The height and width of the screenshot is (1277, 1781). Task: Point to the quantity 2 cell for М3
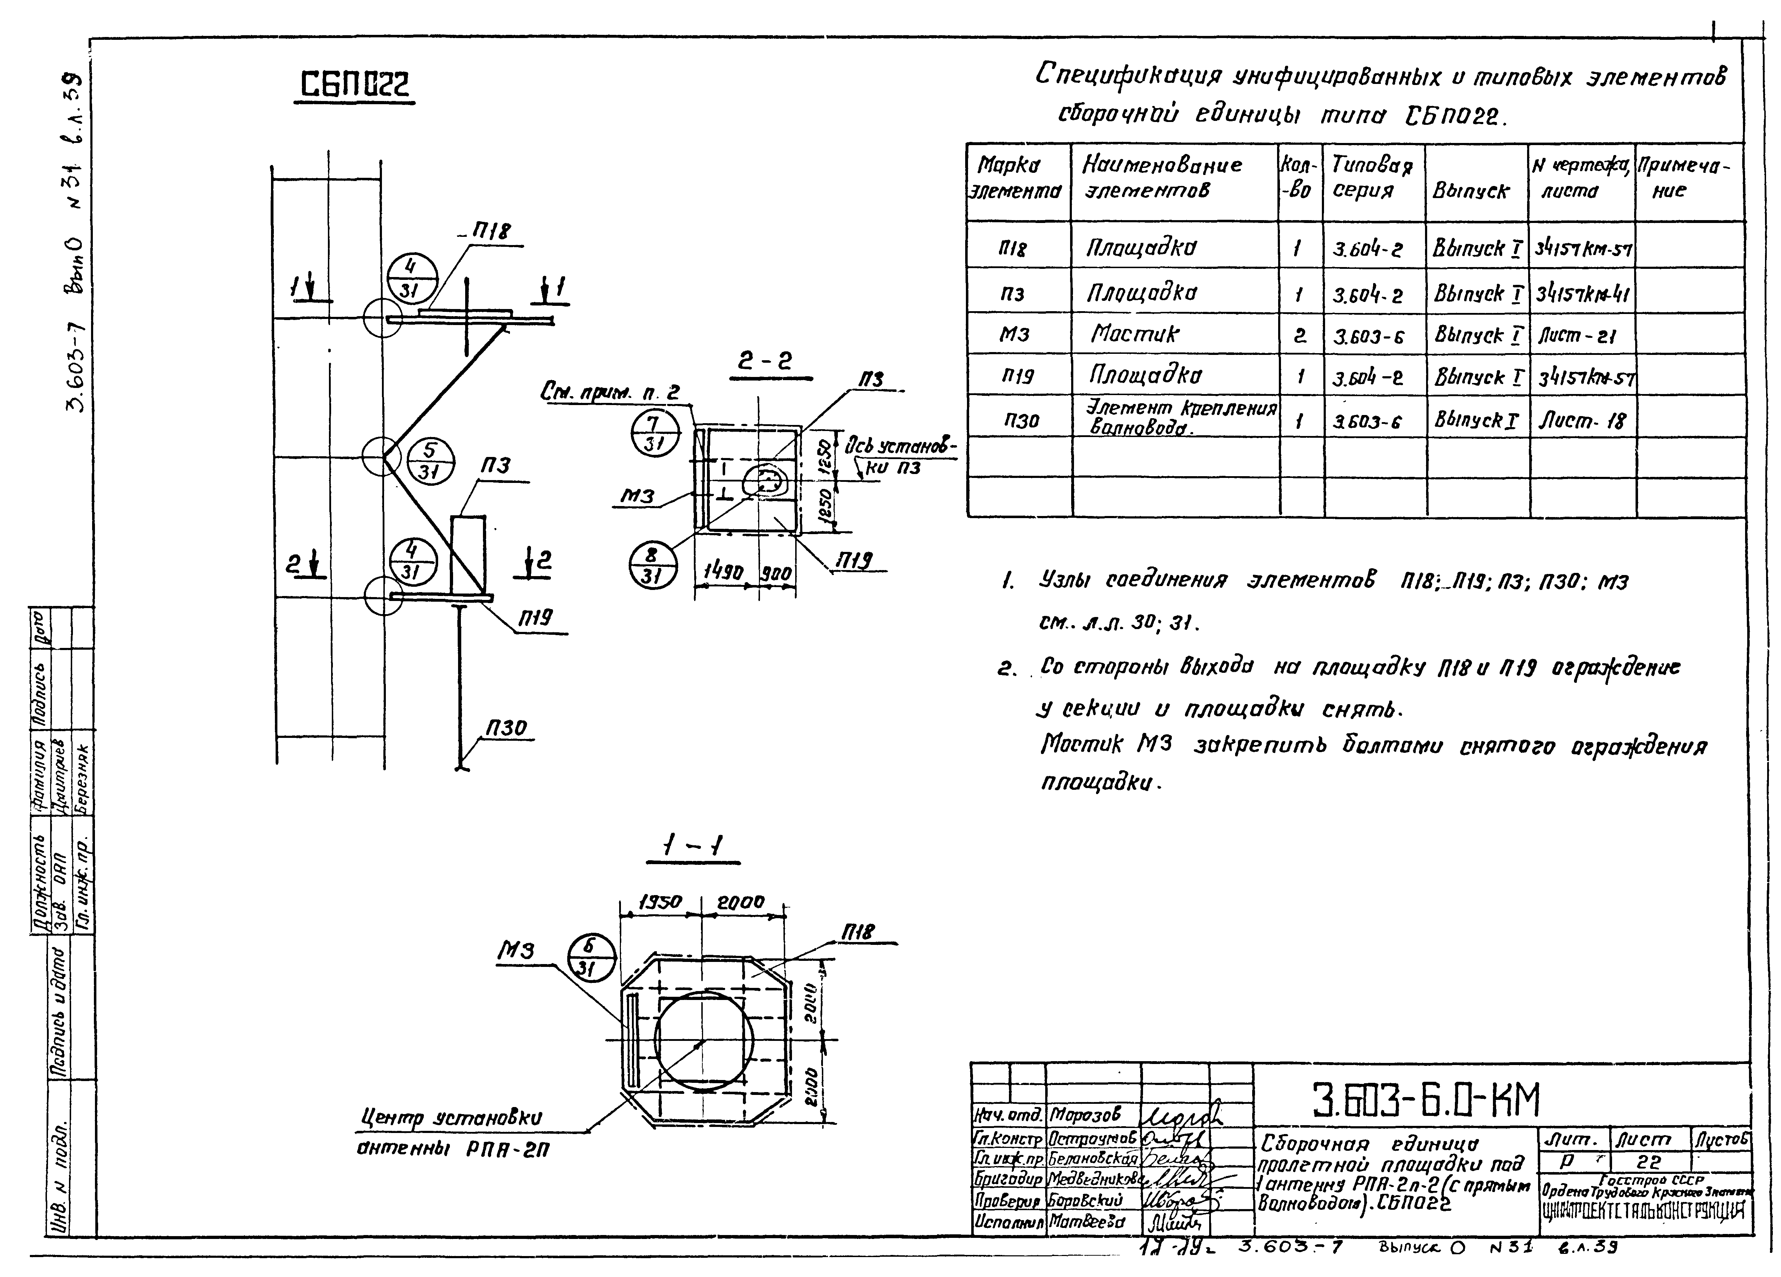tap(1299, 335)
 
